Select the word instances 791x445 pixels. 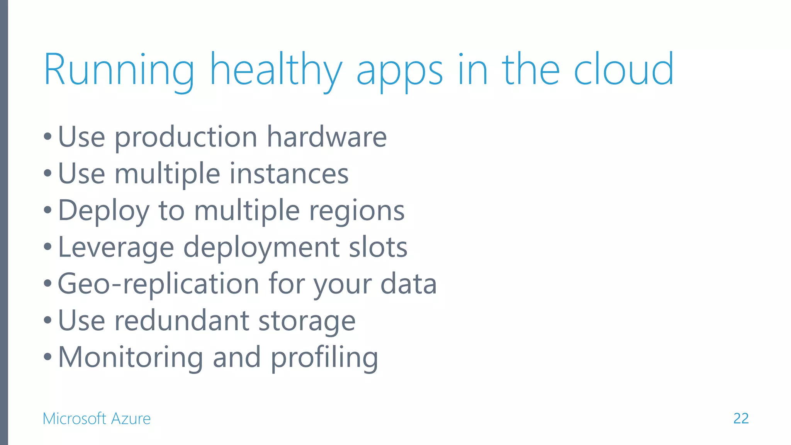pyautogui.click(x=289, y=174)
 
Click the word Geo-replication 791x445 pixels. pyautogui.click(x=158, y=284)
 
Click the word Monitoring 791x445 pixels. pyautogui.click(x=130, y=358)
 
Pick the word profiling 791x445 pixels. pyautogui.click(x=324, y=358)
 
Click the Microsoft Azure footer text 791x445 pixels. pyautogui.click(x=97, y=418)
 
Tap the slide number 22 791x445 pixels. pyautogui.click(x=741, y=418)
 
